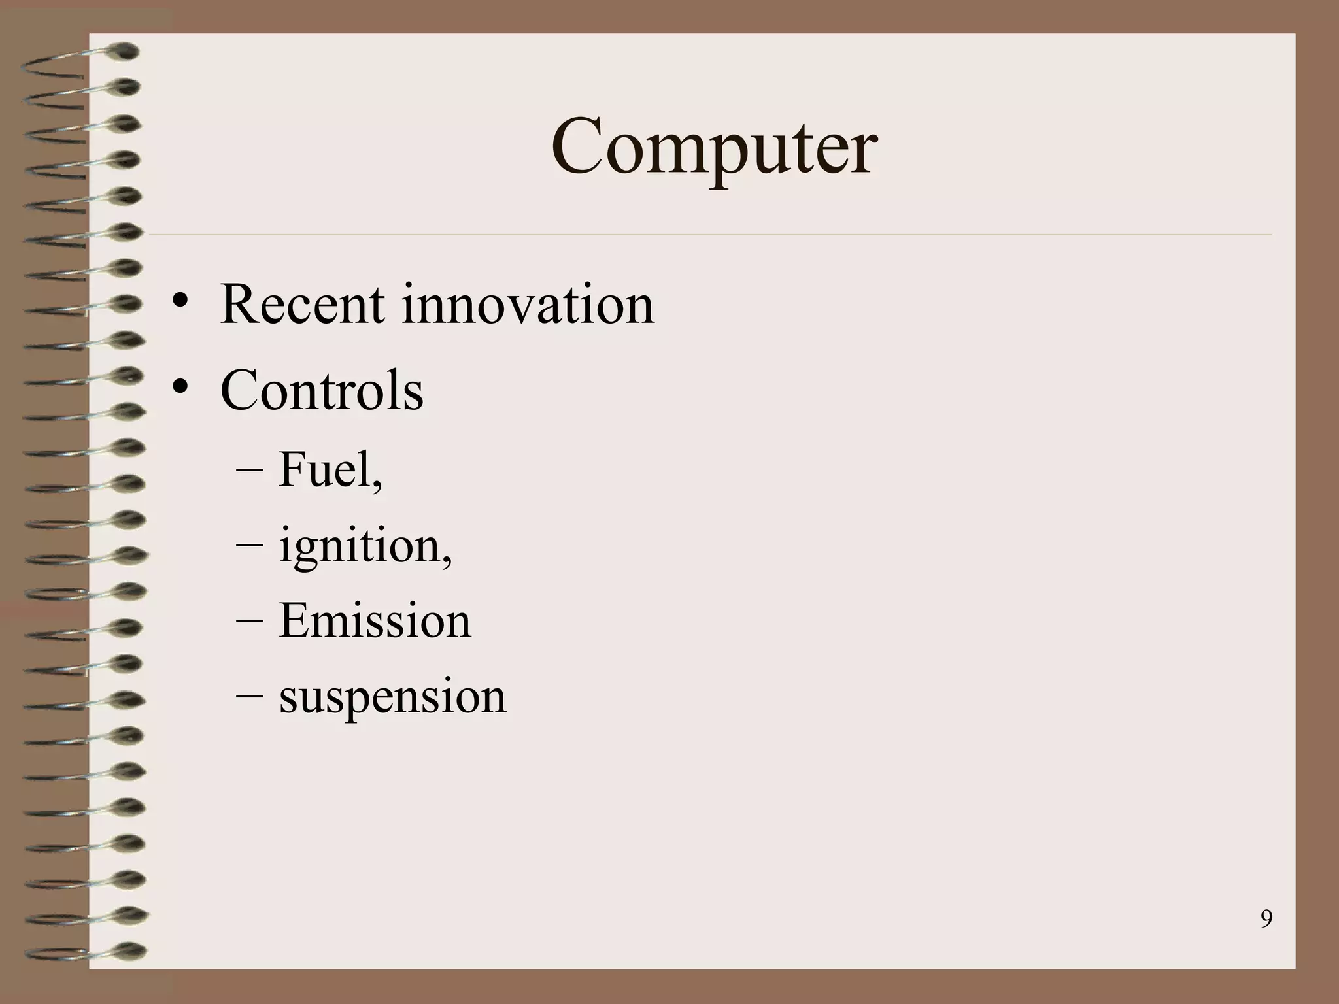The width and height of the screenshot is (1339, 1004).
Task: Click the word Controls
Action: click(x=322, y=390)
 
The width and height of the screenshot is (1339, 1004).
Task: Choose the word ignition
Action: click(x=360, y=545)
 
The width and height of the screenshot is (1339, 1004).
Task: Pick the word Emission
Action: click(x=375, y=620)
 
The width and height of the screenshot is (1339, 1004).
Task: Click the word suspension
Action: click(x=392, y=697)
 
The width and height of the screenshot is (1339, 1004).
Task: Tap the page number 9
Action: click(x=1266, y=919)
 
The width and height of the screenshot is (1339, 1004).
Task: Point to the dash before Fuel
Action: click(x=249, y=471)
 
